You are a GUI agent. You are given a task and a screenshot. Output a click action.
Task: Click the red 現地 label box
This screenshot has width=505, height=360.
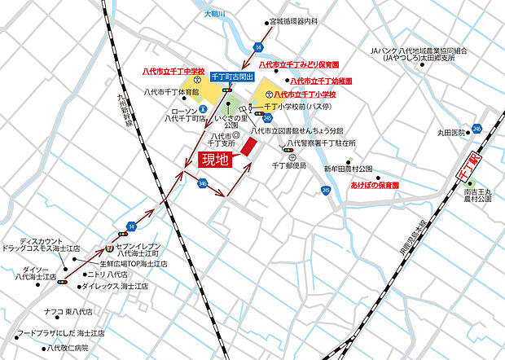(215, 159)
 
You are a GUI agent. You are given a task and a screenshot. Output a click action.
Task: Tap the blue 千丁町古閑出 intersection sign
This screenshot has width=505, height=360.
(233, 76)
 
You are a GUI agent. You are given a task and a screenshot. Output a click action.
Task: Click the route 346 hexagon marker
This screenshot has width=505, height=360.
(201, 183)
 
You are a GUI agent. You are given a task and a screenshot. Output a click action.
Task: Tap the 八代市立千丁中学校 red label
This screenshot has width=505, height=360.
(173, 72)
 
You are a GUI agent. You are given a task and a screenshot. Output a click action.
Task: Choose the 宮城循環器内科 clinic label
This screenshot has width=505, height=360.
(305, 22)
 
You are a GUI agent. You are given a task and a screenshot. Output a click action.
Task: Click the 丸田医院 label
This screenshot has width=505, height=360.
(450, 132)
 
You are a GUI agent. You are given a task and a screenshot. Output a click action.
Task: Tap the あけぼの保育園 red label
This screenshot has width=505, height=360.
(375, 186)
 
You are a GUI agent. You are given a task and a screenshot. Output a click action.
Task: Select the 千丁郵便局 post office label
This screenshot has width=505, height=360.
(288, 165)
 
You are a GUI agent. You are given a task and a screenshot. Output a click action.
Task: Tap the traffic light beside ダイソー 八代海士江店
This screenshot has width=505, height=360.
(63, 282)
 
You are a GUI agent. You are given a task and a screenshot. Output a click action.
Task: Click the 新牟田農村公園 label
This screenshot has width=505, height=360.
(348, 169)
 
